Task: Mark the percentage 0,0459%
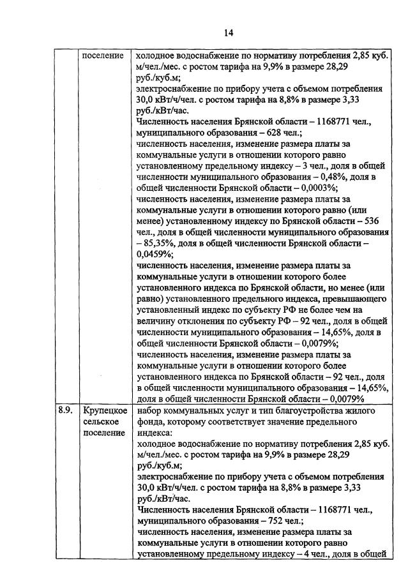click(154, 253)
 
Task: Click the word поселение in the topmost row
click(103, 56)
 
